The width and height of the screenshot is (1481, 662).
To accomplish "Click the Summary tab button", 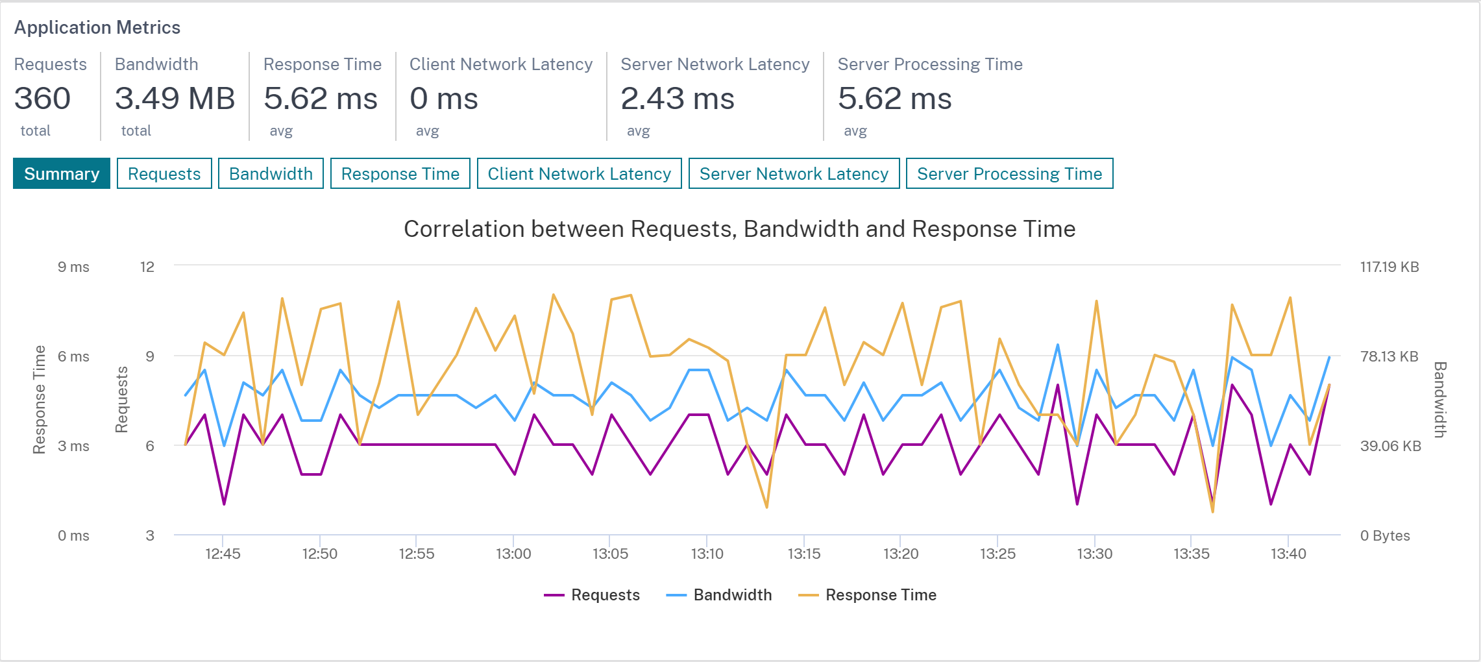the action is (x=62, y=173).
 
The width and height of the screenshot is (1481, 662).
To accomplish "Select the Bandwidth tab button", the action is (x=271, y=173).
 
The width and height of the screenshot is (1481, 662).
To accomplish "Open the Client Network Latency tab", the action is (x=579, y=173).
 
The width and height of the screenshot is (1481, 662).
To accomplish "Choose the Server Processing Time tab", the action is (x=1009, y=173).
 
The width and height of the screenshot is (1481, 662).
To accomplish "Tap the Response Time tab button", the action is (x=400, y=173).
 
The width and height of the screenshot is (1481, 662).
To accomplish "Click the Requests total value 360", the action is (x=42, y=99).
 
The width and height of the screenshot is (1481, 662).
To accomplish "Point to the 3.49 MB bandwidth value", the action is (x=175, y=99).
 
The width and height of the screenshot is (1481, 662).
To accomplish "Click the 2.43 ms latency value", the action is (x=678, y=99).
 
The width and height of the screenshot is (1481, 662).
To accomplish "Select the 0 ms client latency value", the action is (x=444, y=99).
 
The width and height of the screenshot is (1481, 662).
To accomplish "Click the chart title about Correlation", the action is (x=740, y=229).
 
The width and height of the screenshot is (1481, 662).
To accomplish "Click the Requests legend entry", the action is (x=592, y=595).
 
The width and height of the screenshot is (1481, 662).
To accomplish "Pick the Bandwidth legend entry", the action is (x=719, y=595).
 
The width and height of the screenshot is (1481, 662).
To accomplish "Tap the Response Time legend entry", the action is (x=867, y=595).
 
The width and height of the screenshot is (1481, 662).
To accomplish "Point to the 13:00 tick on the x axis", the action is (x=513, y=554).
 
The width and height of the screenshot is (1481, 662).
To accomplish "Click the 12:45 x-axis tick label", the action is (x=223, y=554).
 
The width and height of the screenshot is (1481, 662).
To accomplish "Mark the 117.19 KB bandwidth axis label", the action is (x=1389, y=267).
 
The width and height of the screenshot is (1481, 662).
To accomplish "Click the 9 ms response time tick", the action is (x=73, y=267).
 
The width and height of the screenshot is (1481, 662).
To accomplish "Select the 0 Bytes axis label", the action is (x=1385, y=535).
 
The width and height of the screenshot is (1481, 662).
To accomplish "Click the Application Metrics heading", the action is (x=97, y=27).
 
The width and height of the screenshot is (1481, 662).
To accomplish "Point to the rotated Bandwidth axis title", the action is (x=1439, y=400).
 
